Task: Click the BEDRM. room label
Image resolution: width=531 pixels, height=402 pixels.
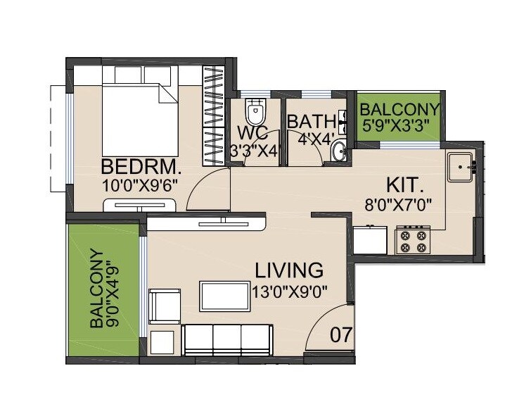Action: point(141,168)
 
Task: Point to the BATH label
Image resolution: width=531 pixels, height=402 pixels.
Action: point(312,121)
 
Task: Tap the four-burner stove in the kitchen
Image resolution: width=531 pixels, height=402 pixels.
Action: point(413,239)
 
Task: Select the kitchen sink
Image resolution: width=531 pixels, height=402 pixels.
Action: point(461,168)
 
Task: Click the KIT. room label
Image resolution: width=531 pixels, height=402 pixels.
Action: point(405,186)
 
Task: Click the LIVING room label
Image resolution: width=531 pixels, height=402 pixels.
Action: point(289,270)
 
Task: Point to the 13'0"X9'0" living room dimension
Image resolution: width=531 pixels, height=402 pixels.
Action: point(288,290)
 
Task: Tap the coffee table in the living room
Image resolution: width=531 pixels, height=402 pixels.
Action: point(224,295)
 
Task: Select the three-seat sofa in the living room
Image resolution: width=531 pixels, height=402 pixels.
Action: point(226,339)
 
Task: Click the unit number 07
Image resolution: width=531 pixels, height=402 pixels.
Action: point(341,335)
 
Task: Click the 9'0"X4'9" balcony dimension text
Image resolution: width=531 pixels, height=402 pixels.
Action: point(113,289)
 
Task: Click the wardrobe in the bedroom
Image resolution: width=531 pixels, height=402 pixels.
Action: point(213,116)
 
